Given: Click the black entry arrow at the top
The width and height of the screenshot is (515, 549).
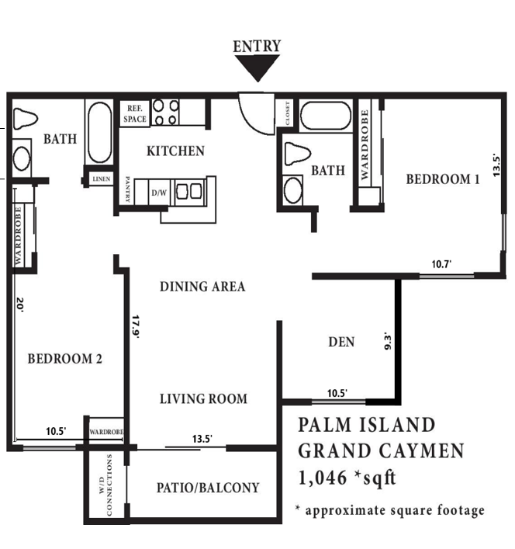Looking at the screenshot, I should pyautogui.click(x=257, y=70).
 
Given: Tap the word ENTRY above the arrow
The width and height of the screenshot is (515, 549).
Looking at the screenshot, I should pyautogui.click(x=257, y=47).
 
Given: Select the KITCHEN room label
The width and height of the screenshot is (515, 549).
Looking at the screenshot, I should pyautogui.click(x=176, y=151).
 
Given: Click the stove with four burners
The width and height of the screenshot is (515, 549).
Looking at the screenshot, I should pyautogui.click(x=165, y=112).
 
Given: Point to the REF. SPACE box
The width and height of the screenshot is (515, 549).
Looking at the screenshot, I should pyautogui.click(x=133, y=114).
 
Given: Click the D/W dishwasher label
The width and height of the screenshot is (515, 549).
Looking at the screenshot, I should pyautogui.click(x=158, y=192).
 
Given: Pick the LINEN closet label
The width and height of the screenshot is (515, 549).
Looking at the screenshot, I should pyautogui.click(x=101, y=179).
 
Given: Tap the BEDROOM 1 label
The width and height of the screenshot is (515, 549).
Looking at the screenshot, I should pyautogui.click(x=443, y=179).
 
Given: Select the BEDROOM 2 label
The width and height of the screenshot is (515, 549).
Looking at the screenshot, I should pyautogui.click(x=65, y=359).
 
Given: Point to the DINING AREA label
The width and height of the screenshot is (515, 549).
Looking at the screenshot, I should pyautogui.click(x=202, y=287).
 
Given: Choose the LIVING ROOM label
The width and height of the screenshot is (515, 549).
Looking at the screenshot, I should pyautogui.click(x=203, y=399).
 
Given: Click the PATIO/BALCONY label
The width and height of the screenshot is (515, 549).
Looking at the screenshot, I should pyautogui.click(x=208, y=488).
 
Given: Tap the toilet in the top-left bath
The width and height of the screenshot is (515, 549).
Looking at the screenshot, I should pyautogui.click(x=26, y=118).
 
